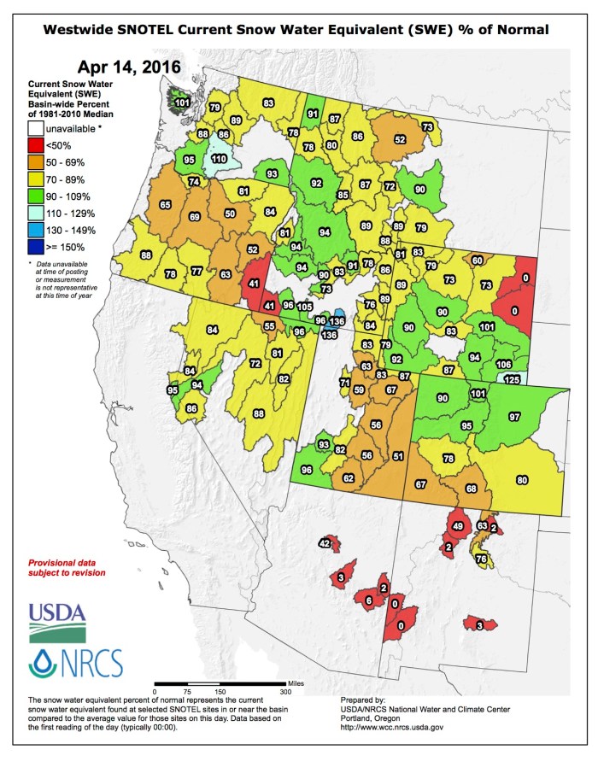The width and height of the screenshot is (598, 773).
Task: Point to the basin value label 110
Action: click(219, 159)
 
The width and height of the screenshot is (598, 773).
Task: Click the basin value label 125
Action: click(513, 379)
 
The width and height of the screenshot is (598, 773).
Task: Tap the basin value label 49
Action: click(458, 525)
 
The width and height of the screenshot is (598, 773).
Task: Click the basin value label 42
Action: click(325, 543)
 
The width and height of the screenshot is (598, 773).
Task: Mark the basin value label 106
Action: click(503, 365)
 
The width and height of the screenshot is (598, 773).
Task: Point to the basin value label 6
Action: click(369, 601)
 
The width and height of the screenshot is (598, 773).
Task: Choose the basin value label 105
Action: click(305, 306)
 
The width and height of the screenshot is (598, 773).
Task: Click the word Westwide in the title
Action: click(83, 30)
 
